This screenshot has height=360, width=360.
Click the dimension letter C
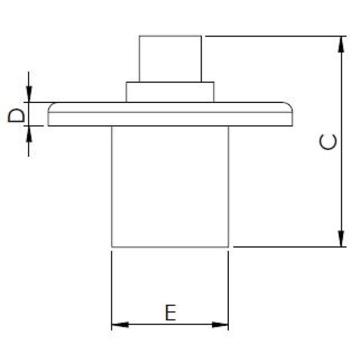(x=329, y=142)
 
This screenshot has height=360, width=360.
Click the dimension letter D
(x=17, y=115)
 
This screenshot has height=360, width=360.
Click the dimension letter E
(x=171, y=313)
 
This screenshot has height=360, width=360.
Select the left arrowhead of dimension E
(x=119, y=325)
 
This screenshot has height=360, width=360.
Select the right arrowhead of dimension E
(x=221, y=325)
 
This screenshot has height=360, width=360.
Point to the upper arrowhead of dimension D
(x=29, y=96)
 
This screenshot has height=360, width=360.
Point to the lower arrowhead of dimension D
(x=29, y=133)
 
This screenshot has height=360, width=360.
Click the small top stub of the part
(x=170, y=59)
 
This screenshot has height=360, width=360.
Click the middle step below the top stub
(x=170, y=92)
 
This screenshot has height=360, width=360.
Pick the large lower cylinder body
(x=170, y=186)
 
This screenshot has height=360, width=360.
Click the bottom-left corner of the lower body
(x=112, y=246)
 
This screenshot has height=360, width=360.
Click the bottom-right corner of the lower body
(x=228, y=246)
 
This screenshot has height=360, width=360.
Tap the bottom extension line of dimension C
(x=288, y=246)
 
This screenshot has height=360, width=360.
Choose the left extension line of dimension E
(x=112, y=288)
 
